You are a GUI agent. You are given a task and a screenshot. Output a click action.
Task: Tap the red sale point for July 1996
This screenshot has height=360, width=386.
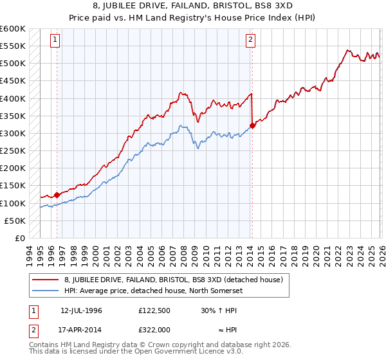click(x=57, y=195)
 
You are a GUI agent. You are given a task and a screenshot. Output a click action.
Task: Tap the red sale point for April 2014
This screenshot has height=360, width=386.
click(x=252, y=125)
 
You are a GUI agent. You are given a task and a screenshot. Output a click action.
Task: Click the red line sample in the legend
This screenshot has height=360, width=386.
click(x=46, y=279)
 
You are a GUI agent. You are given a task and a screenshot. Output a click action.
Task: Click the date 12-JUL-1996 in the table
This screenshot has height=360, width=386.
click(x=81, y=310)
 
